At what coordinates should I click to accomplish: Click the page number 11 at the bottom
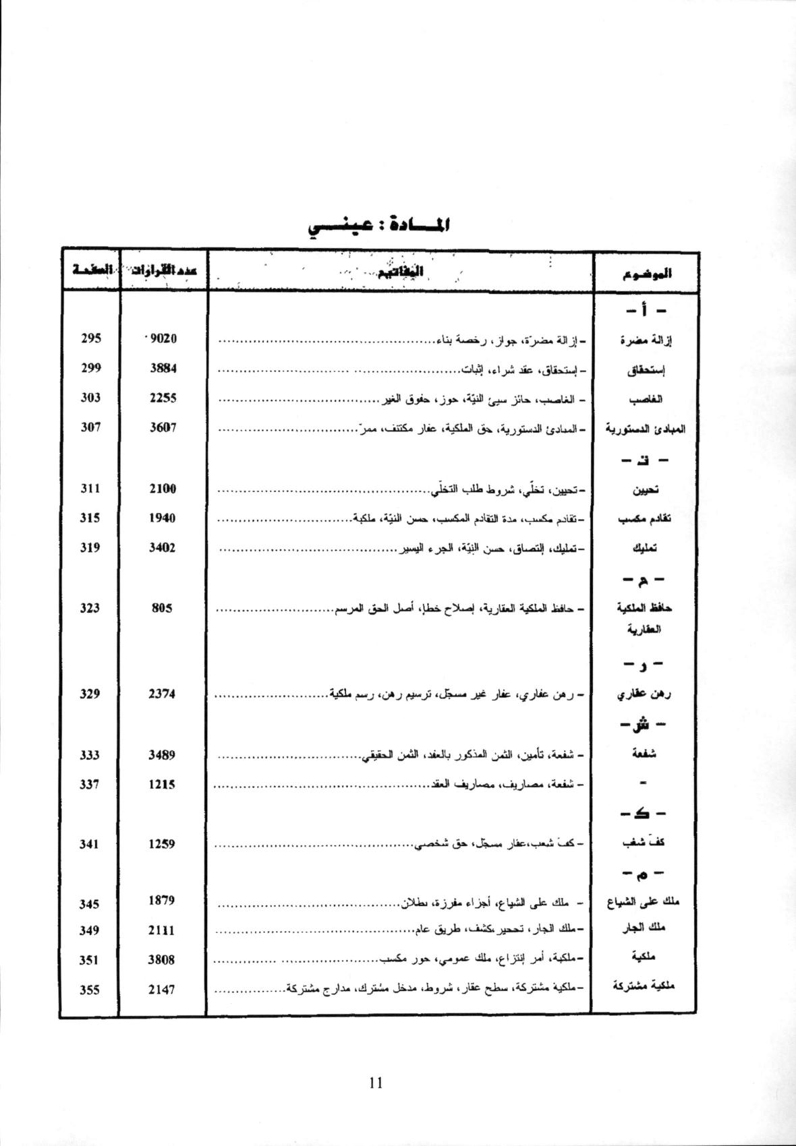click(376, 1083)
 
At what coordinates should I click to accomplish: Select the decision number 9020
click(163, 338)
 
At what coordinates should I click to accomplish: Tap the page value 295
click(90, 338)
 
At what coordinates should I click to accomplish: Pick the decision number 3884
click(163, 368)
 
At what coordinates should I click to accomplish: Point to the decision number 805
click(162, 608)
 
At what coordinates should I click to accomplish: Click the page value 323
click(90, 608)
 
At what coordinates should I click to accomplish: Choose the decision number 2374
click(162, 694)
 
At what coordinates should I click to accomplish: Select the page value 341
click(90, 843)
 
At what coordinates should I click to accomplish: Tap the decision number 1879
click(162, 901)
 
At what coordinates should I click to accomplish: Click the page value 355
click(90, 990)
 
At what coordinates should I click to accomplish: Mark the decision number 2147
click(162, 990)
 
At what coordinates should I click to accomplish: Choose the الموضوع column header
click(646, 273)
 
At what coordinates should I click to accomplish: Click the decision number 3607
click(163, 427)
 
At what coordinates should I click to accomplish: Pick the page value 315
click(90, 518)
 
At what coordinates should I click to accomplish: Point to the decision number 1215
click(162, 784)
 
